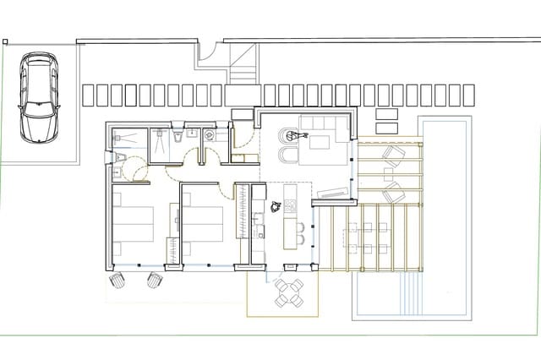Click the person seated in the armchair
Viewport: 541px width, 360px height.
pos(288,134)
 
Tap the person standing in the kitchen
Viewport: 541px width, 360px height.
pos(275,205)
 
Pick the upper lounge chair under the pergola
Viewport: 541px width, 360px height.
pos(392,155)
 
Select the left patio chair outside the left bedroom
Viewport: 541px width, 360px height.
pos(117,280)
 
